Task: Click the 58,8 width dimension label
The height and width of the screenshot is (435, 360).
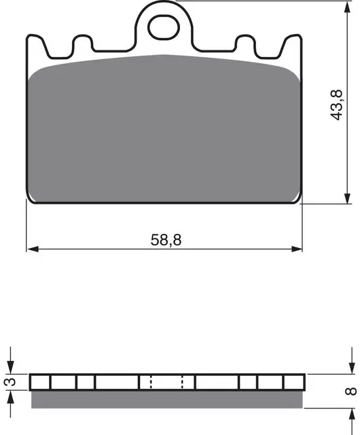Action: point(166,240)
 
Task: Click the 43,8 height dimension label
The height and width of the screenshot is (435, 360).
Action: point(337,105)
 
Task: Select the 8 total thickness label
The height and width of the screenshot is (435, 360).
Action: point(351,391)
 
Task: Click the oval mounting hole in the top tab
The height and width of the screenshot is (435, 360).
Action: point(164,27)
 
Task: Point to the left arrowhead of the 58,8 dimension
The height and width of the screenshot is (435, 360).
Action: point(33,249)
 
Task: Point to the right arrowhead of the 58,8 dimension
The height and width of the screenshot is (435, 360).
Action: point(296,249)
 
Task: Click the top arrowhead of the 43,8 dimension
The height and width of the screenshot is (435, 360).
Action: point(347,7)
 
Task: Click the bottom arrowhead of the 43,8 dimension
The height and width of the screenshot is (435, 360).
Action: point(347,198)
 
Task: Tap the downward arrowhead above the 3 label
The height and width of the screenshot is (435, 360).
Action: point(11,368)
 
